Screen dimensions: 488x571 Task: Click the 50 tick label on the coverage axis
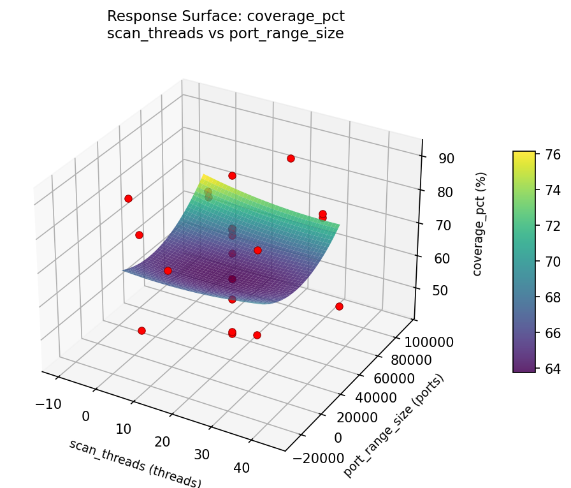point(440,290)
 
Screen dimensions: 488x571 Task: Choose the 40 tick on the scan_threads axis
point(242,468)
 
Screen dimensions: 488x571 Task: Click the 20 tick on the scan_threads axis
point(163,442)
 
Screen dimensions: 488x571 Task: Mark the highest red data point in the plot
point(291,158)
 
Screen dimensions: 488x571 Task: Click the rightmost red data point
point(339,306)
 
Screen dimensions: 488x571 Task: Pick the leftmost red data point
point(128,198)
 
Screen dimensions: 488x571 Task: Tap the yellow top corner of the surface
point(204,176)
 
